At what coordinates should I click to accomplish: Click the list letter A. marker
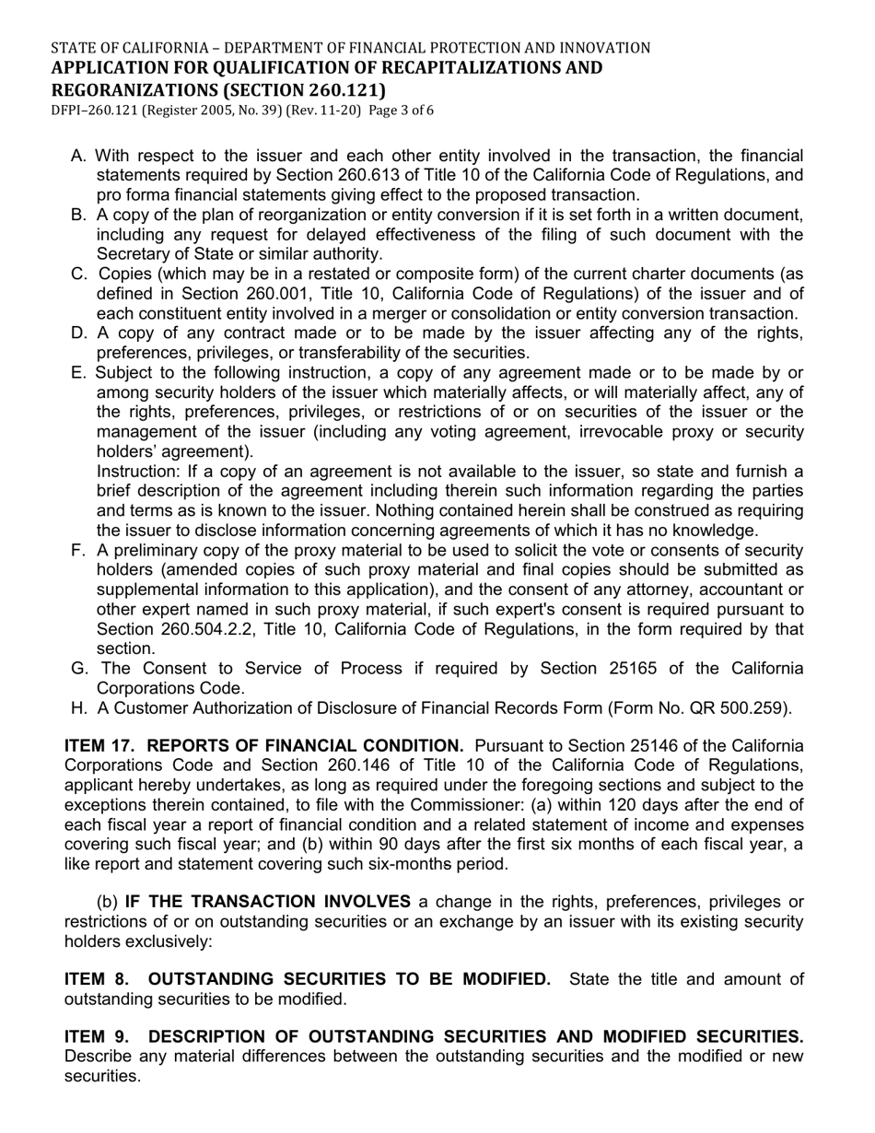(x=78, y=156)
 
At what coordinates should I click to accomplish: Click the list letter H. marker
(x=79, y=708)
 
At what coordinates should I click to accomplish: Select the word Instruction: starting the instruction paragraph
(x=139, y=472)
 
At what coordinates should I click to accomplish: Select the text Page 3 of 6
(x=401, y=111)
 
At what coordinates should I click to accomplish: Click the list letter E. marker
(x=78, y=372)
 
